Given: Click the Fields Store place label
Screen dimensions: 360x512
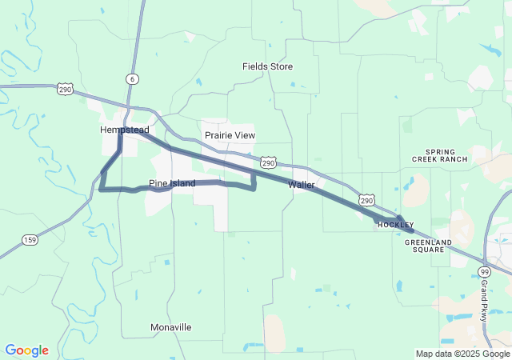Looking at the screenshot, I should pyautogui.click(x=268, y=66).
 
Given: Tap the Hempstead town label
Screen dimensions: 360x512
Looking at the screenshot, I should pyautogui.click(x=124, y=130).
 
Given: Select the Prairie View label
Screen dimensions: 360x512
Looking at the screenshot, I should pyautogui.click(x=230, y=135).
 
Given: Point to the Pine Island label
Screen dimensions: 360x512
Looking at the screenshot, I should pyautogui.click(x=172, y=184).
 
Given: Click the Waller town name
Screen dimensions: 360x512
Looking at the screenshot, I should pyautogui.click(x=302, y=185).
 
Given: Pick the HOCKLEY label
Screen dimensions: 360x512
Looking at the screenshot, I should pyautogui.click(x=395, y=226).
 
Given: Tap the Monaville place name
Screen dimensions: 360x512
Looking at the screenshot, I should pyautogui.click(x=171, y=327).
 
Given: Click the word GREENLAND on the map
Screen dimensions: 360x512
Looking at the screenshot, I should pyautogui.click(x=428, y=242).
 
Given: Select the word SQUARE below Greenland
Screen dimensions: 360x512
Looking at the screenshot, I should pyautogui.click(x=428, y=250).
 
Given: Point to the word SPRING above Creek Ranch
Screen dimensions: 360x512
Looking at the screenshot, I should pyautogui.click(x=440, y=151).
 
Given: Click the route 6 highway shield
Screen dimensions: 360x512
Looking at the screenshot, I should pyautogui.click(x=131, y=78).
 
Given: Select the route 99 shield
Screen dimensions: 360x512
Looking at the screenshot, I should pyautogui.click(x=484, y=273).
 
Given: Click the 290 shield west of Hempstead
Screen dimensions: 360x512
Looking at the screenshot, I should pyautogui.click(x=66, y=90).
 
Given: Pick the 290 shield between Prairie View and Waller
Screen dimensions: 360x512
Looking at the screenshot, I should pyautogui.click(x=269, y=162).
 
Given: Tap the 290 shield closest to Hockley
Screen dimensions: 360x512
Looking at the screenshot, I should pyautogui.click(x=366, y=199).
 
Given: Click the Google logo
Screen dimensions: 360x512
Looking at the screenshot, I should pyautogui.click(x=26, y=350).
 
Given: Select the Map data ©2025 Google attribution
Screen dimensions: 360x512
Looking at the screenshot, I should pyautogui.click(x=462, y=354).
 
